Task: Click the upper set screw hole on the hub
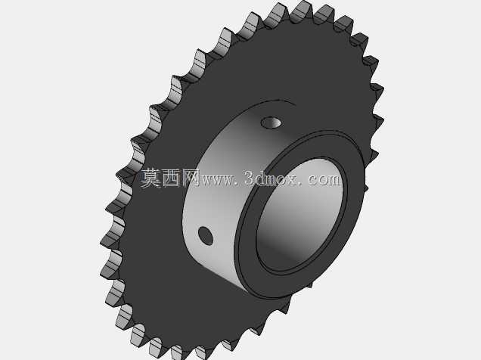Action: point(272,123)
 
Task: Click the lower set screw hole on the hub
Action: point(206,235)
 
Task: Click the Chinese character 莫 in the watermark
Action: point(151,178)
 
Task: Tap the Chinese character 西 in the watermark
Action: point(172,178)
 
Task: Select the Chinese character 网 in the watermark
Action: point(191,178)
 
